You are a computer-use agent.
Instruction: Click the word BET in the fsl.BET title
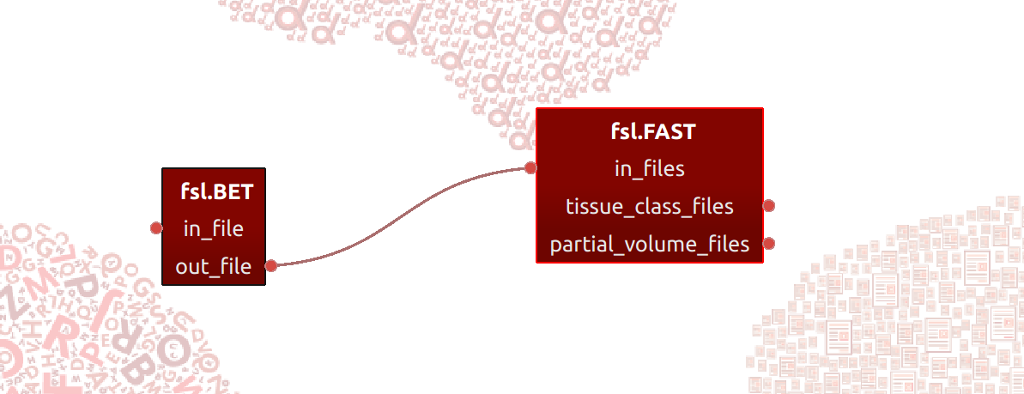click(x=233, y=192)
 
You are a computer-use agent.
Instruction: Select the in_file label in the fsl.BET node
click(x=214, y=228)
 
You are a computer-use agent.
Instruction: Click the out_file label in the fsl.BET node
click(x=214, y=267)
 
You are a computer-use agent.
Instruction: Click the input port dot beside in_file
click(x=156, y=228)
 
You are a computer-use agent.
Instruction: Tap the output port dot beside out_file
click(x=272, y=265)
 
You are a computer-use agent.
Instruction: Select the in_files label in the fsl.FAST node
click(x=650, y=169)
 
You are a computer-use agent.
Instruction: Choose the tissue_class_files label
click(x=650, y=207)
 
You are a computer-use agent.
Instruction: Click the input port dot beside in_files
click(x=531, y=168)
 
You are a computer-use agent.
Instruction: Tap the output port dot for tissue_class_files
click(x=769, y=206)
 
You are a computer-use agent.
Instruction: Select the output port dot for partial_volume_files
click(x=769, y=244)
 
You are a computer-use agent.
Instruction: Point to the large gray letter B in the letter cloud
click(x=138, y=371)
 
